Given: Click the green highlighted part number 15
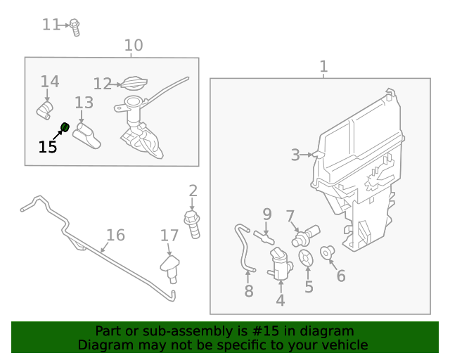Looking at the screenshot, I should [64, 127].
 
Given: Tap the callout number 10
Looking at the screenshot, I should [133, 46].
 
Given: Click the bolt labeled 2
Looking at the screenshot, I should [193, 222].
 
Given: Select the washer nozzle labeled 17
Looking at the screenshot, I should [169, 267].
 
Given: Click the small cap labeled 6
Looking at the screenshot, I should [328, 252].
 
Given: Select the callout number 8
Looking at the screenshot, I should [248, 291].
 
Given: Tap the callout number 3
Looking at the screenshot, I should [295, 155].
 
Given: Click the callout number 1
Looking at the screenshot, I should [323, 67].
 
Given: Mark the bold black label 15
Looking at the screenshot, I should [48, 147].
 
